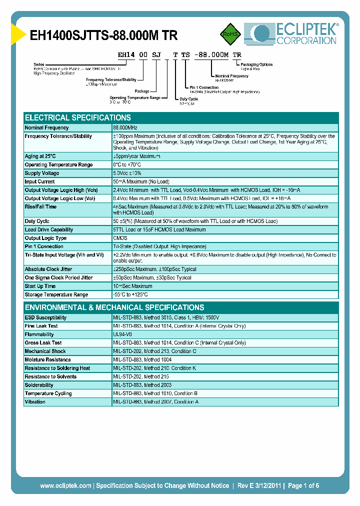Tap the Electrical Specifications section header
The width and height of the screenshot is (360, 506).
click(78, 118)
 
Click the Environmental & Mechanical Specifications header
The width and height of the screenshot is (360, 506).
click(114, 307)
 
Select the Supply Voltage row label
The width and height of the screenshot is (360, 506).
click(42, 173)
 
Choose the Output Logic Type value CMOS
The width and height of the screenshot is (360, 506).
click(120, 238)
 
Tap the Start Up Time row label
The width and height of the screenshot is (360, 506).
click(40, 286)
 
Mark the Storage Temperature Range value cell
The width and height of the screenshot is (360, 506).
click(130, 295)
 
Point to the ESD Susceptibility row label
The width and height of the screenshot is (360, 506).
click(45, 317)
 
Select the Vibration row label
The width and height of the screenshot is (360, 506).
click(35, 402)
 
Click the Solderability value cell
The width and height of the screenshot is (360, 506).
click(142, 385)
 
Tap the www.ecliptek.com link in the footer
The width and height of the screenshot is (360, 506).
click(65, 485)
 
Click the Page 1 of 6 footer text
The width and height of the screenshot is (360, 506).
click(303, 485)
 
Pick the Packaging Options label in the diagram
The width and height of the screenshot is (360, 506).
click(256, 64)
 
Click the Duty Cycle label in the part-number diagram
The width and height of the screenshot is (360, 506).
click(189, 99)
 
